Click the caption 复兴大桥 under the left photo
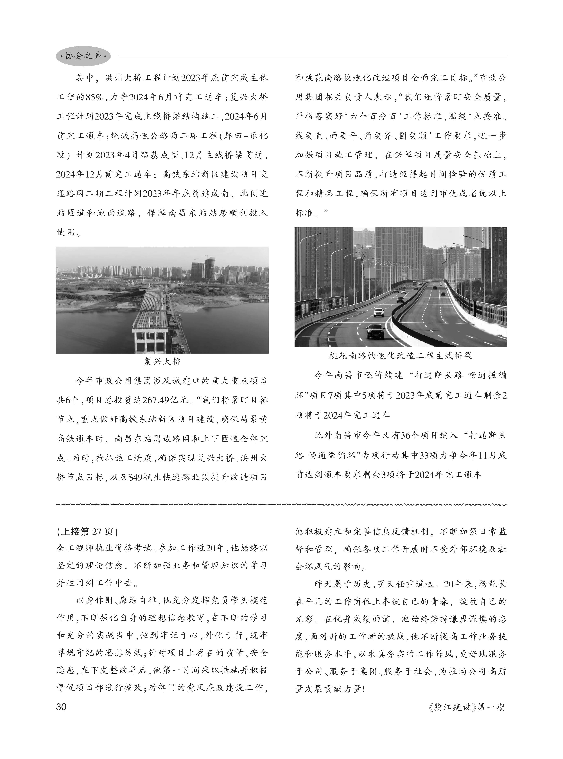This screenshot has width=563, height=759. [x=162, y=361]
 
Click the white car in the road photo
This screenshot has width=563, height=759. [x=379, y=312]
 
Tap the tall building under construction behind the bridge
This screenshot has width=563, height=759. [x=209, y=269]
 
